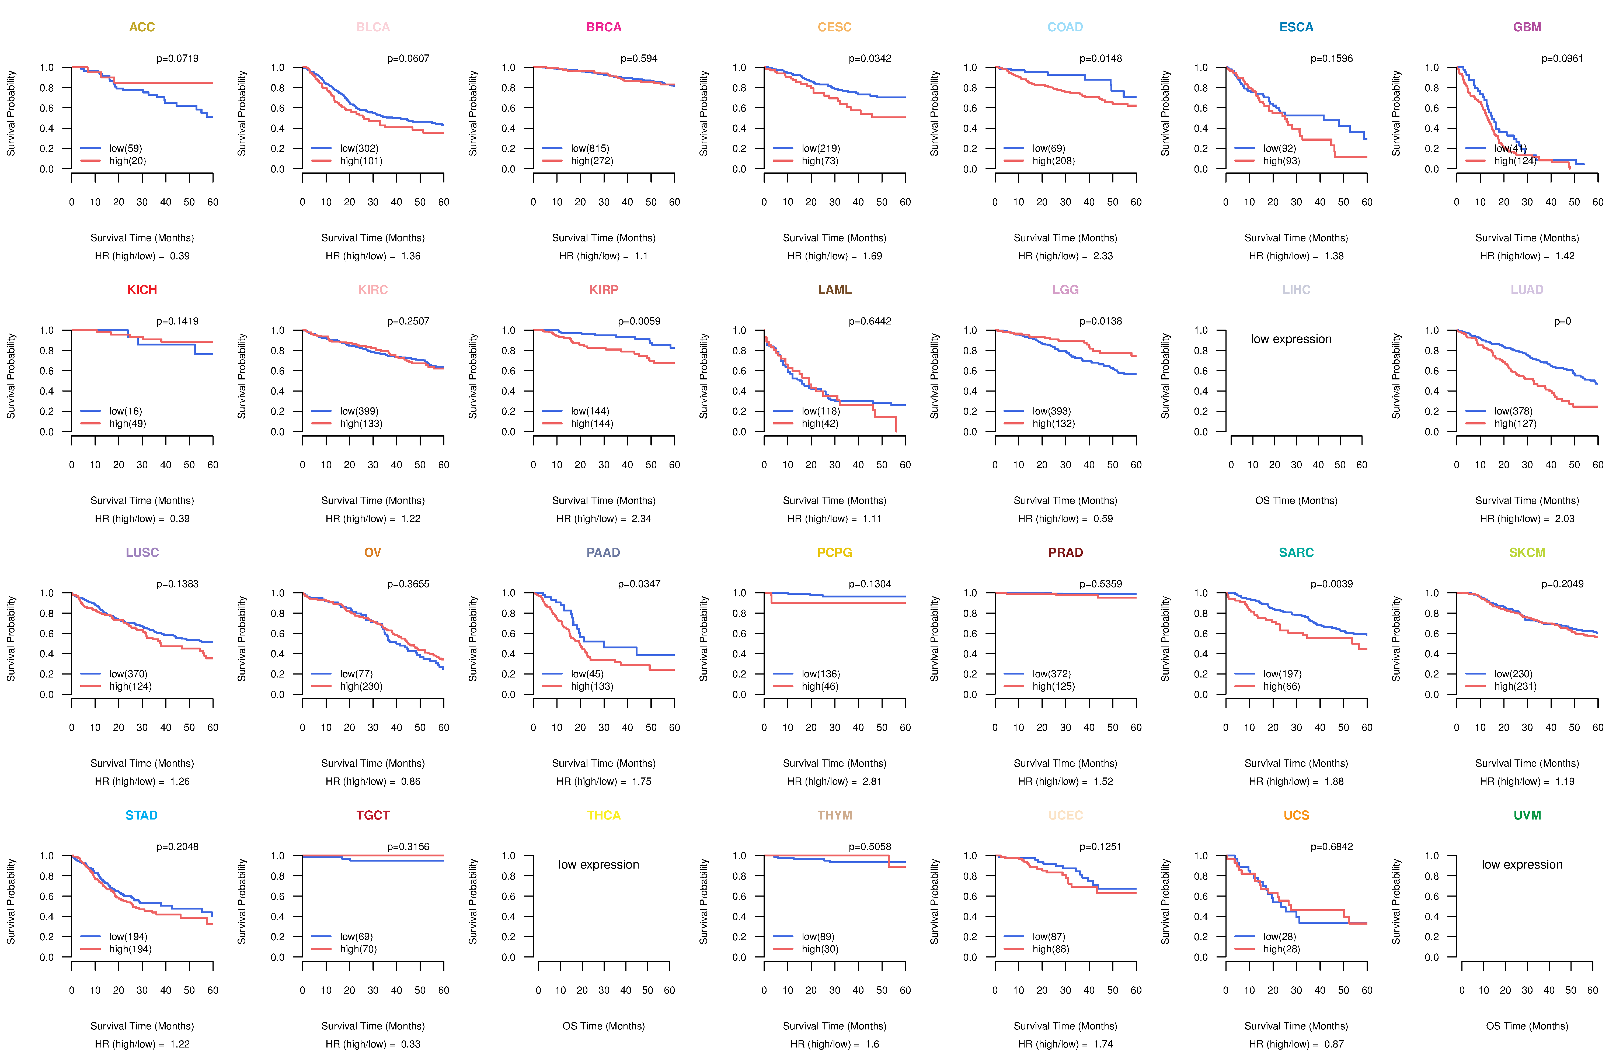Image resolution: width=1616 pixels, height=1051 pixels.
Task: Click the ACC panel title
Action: (142, 27)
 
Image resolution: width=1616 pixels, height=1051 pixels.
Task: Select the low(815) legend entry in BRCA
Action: (589, 148)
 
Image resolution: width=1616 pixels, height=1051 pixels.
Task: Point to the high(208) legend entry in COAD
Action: (1053, 161)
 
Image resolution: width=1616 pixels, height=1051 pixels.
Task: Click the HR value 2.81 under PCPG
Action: (872, 781)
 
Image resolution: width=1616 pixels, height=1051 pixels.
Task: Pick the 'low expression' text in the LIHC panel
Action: (1291, 339)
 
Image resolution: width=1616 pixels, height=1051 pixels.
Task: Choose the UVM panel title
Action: (1527, 815)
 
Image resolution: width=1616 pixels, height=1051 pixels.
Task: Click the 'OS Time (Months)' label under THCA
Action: (604, 1026)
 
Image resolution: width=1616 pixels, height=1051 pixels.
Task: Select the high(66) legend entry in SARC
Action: (1281, 686)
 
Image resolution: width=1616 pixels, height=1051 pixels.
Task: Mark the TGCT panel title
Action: (373, 815)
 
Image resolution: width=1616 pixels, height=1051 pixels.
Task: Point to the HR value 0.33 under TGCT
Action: (411, 1044)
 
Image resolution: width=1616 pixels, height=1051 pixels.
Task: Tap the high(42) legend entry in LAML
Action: (820, 423)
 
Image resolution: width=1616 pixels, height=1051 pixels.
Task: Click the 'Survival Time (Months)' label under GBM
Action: (1527, 238)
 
